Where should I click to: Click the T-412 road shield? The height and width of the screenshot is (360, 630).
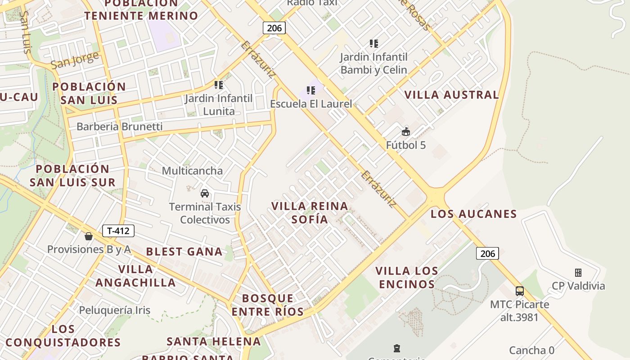point(118,231)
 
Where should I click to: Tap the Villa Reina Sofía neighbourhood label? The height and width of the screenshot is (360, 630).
point(310,213)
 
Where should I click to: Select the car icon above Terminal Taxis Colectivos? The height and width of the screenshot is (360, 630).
point(205,193)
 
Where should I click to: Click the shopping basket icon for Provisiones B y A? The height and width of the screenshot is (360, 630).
point(89,236)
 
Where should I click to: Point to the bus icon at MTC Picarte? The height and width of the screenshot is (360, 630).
point(520,291)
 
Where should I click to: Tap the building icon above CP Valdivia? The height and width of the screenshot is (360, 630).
point(578,273)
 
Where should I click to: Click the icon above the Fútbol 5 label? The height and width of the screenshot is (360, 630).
point(406,132)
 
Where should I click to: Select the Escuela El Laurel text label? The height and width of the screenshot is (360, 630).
point(311,104)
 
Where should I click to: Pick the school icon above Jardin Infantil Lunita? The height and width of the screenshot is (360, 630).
point(219,85)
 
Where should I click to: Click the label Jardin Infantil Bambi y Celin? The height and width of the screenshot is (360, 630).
point(373,63)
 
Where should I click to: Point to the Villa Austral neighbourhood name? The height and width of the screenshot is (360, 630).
point(452,95)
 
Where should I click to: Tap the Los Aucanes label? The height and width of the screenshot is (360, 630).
point(474,214)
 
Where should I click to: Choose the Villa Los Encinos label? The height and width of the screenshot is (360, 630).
point(407,278)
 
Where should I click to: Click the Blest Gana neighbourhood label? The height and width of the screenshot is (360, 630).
point(184,252)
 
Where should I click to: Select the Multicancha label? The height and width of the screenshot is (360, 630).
point(192,171)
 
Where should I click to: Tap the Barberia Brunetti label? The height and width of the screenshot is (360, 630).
point(119,126)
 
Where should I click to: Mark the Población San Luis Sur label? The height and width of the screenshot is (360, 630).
point(72,175)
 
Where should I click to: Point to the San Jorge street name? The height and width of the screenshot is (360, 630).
point(75,60)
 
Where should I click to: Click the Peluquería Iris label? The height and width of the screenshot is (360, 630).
point(115,310)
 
